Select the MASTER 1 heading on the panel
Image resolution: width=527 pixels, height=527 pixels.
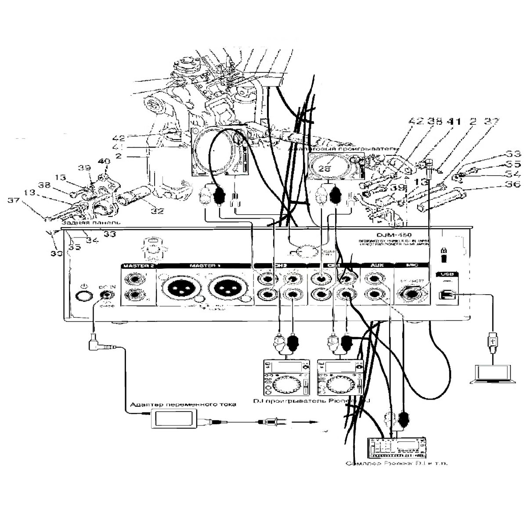[x=204, y=266]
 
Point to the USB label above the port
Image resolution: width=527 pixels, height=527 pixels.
[x=447, y=274]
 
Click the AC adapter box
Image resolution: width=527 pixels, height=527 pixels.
[x=174, y=418]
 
